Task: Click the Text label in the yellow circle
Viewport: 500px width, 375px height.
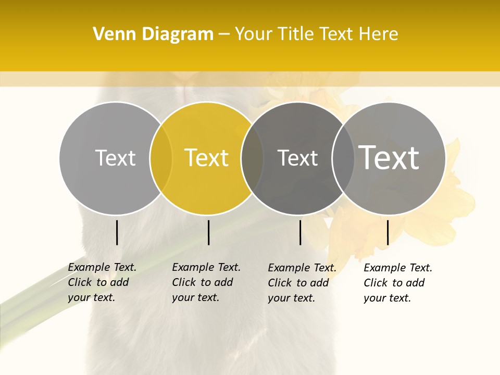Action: (x=207, y=158)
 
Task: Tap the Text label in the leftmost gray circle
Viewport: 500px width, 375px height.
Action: (x=115, y=158)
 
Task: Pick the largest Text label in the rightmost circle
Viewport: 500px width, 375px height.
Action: (x=389, y=157)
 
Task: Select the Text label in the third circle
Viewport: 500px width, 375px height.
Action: (x=298, y=158)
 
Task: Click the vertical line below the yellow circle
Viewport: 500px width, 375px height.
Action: (x=208, y=232)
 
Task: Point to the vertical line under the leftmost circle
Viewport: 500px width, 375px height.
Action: (x=117, y=232)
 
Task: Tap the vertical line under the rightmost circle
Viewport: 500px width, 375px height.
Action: (x=387, y=232)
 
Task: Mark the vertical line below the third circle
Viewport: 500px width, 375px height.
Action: (x=300, y=232)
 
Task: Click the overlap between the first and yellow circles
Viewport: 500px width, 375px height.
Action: (x=161, y=158)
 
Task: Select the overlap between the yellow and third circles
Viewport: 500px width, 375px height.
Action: (x=253, y=158)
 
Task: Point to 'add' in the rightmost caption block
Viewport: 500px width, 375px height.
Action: (x=415, y=283)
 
